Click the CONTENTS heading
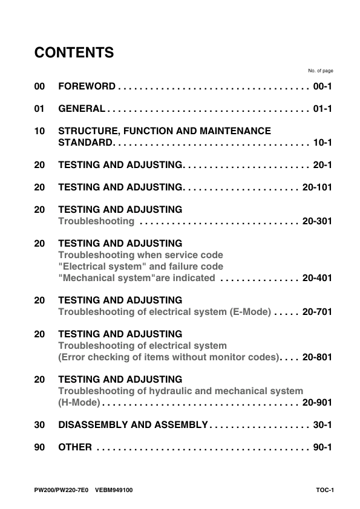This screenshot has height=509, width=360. (74, 53)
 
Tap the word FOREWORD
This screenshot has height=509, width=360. (87, 87)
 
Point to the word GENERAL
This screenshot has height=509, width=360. (82, 109)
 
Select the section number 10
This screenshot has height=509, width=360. (40, 131)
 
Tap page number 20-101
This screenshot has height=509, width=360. (318, 187)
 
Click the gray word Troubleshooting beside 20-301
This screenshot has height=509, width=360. (96, 221)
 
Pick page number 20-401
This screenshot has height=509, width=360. (318, 278)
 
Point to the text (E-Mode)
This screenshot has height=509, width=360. (250, 312)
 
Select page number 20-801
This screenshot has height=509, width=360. (318, 357)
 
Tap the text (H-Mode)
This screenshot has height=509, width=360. (79, 403)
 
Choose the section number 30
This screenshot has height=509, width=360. (40, 425)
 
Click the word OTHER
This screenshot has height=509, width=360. (75, 447)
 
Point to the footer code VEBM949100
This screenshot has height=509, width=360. (114, 490)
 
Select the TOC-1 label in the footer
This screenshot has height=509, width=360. (324, 490)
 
